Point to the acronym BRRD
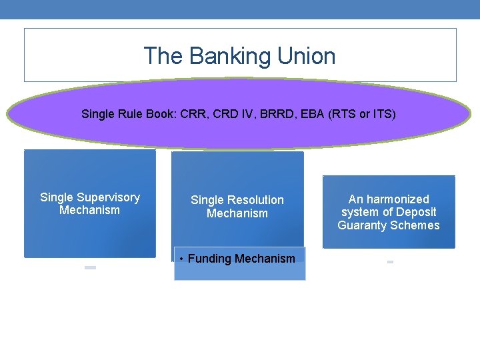[x=273, y=114]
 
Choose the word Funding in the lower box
[x=209, y=259]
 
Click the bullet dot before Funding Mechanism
[x=181, y=259]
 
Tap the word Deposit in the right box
[x=417, y=212]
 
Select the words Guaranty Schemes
[x=389, y=225]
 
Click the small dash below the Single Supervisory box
[x=90, y=267]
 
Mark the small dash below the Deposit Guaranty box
[x=390, y=262]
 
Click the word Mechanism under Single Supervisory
[x=89, y=211]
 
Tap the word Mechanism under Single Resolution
[x=237, y=213]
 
